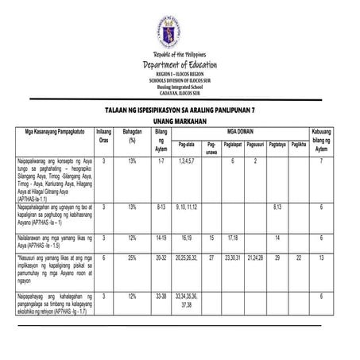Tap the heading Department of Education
pyautogui.click(x=180, y=65)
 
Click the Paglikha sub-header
pyautogui.click(x=299, y=145)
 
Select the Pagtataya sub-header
pyautogui.click(x=277, y=145)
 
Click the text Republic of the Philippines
pyautogui.click(x=180, y=52)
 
